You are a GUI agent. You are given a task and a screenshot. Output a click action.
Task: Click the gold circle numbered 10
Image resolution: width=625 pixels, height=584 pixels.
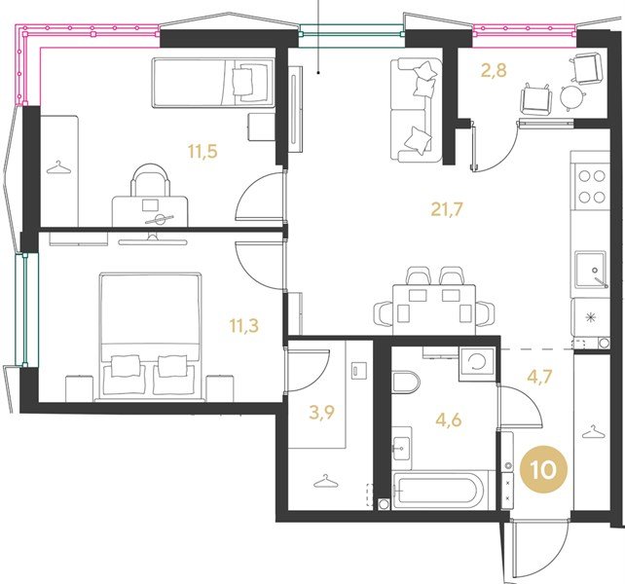[543, 469]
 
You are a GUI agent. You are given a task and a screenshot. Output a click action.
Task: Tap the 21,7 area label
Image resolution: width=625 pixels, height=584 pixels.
[447, 209]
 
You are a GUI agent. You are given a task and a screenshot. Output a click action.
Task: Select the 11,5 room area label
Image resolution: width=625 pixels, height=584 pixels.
[202, 152]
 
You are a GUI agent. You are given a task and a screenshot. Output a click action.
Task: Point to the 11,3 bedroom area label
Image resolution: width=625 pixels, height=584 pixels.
[244, 325]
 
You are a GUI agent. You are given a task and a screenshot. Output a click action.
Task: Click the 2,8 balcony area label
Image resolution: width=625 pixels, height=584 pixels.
[494, 70]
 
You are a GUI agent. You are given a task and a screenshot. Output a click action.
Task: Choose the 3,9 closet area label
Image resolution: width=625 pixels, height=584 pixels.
[321, 413]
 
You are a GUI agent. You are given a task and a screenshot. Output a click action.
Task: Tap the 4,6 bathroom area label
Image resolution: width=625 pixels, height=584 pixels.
[449, 420]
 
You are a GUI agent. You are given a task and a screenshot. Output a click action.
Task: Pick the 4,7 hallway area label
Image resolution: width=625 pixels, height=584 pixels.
[539, 377]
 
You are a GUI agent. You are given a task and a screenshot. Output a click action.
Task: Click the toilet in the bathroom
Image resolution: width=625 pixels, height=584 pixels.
[406, 383]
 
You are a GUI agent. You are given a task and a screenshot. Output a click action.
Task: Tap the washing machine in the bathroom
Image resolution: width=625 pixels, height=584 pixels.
[477, 364]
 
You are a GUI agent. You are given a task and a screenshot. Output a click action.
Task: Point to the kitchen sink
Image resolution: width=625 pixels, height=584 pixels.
[591, 269]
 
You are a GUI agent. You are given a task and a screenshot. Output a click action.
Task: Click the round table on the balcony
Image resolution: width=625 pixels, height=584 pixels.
[572, 96]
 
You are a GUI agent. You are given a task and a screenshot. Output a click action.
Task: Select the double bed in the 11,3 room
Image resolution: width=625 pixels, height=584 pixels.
[150, 337]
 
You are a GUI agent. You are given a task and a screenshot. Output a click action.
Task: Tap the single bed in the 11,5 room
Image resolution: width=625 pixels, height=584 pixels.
[213, 83]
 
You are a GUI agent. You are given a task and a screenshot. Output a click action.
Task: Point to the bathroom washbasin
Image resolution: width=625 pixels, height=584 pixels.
[402, 448]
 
